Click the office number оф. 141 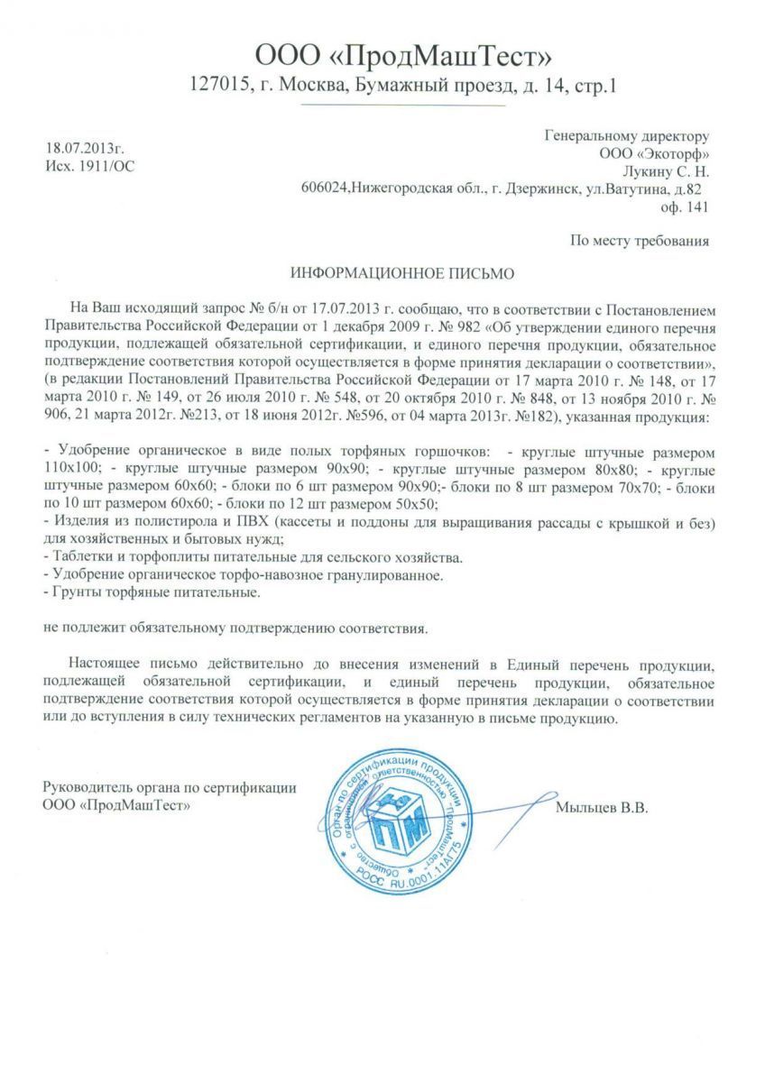[x=685, y=206]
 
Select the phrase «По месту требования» [x=640, y=241]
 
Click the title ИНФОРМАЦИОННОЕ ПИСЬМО [x=383, y=271]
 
